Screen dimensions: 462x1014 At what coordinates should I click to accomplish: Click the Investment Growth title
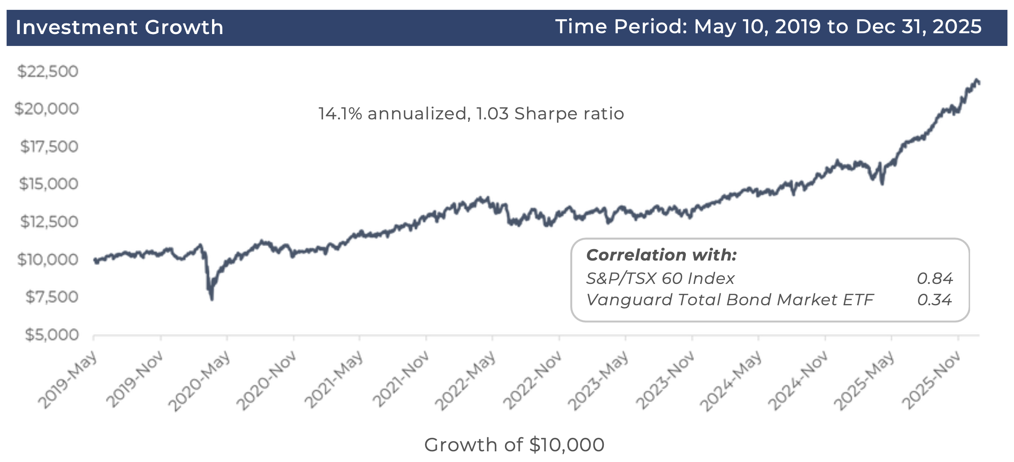119,27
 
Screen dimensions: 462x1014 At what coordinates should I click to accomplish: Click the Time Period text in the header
768,27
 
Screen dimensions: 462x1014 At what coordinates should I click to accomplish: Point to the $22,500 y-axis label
48,71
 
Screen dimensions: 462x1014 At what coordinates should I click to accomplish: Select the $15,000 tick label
48,184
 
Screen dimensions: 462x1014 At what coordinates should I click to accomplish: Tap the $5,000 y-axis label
52,335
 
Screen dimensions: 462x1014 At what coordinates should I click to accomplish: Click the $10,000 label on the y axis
48,259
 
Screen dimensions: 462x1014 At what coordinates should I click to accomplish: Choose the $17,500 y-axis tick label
49,146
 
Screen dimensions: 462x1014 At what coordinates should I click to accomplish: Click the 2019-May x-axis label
68,380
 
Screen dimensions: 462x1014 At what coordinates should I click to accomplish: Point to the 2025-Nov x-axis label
931,380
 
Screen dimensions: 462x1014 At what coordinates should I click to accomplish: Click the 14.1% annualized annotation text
471,114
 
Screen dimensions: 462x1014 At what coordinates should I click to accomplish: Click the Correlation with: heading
661,255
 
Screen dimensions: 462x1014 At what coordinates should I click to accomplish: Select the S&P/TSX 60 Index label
660,279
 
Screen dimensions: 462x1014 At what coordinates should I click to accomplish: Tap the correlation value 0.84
934,279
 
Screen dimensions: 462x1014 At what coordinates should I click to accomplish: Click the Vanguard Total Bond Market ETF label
730,300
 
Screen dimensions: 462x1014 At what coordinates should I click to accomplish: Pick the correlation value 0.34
934,300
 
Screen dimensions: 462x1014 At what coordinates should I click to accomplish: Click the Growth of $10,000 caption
514,445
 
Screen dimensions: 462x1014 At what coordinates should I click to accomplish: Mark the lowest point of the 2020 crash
212,299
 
